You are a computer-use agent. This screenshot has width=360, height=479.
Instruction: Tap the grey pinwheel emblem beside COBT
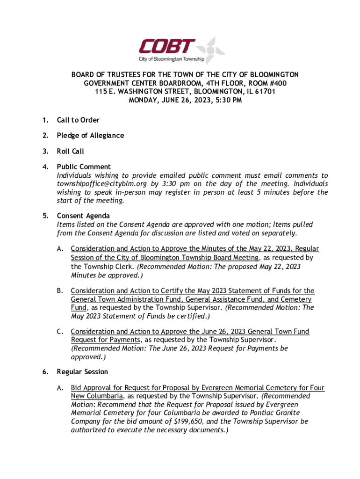coord(211,50)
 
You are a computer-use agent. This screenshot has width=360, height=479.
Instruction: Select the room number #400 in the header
coord(278,83)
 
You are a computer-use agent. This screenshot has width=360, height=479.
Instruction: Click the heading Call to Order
coord(78,120)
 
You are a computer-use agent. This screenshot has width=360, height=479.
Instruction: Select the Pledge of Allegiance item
coord(90,136)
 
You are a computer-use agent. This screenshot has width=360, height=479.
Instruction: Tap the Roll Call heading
coord(70,151)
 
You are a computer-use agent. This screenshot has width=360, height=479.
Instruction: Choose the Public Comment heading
coord(84,167)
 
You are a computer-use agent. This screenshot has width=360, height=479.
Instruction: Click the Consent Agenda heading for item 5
coord(83,216)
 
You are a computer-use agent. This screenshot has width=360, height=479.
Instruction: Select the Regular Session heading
coord(82,372)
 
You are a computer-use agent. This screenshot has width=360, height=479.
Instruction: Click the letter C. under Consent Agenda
coord(60,332)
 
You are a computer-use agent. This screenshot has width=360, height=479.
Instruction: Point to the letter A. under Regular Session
coord(60,388)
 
